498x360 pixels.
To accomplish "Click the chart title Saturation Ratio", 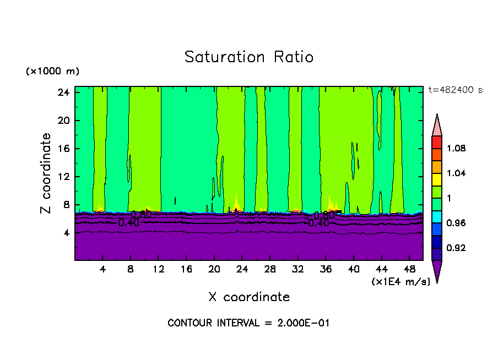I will coord(249,57).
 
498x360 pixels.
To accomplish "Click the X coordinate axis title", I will coord(249,297).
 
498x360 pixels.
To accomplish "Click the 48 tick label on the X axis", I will coord(410,269).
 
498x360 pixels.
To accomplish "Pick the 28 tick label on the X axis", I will coord(270,269).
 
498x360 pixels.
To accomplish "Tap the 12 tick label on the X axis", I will coord(158,269).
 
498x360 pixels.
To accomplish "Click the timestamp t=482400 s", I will coord(455,90).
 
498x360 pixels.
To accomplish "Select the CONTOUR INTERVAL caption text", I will coord(248,323).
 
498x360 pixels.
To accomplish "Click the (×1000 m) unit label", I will coord(52,72).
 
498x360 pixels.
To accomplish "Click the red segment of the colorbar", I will coord(437,142).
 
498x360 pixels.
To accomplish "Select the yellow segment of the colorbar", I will coord(437,179).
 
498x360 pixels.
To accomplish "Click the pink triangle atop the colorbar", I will coord(437,126).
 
